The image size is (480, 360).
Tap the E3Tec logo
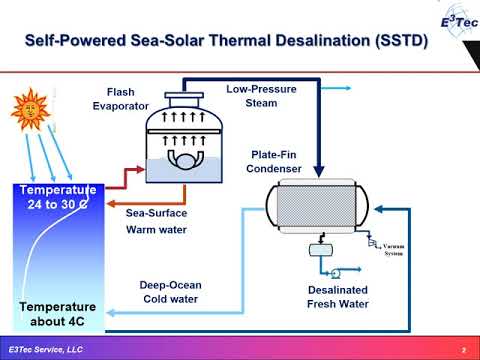click(x=446, y=22)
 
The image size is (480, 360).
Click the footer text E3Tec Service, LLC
click(x=46, y=349)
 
